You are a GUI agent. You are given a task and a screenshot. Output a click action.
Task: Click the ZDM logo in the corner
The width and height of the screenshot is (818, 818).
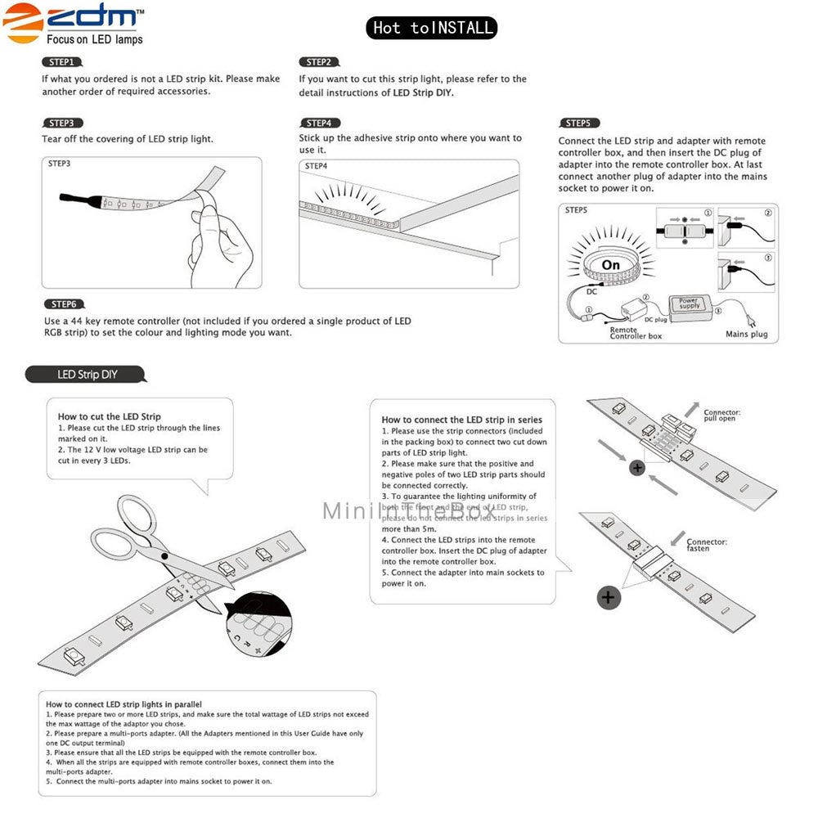pos(74,24)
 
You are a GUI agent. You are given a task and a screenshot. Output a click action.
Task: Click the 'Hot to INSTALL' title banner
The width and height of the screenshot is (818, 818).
pos(432,28)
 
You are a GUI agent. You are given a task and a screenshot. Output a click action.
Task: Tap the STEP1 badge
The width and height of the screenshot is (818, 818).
pos(61,62)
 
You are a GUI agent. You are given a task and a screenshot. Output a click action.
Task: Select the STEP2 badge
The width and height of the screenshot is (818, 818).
pos(318,62)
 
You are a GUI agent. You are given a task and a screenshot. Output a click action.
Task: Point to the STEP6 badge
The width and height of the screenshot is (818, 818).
pos(64,304)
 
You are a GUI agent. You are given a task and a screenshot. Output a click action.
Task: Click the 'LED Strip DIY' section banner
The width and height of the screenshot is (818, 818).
pos(87,375)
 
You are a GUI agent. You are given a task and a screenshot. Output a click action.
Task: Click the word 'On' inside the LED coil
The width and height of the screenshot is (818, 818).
pos(610,265)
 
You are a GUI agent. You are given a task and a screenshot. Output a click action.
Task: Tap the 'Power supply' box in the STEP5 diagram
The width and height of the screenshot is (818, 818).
pos(690,303)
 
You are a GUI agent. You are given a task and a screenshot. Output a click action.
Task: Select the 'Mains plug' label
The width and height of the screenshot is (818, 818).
pos(746,334)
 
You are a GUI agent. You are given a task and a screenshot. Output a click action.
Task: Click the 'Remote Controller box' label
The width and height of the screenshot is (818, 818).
pos(636,333)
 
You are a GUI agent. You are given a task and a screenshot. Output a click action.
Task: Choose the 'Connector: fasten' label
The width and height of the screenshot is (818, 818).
pos(707,545)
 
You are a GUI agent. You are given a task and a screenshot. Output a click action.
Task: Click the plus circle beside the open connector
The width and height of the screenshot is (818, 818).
pos(637,469)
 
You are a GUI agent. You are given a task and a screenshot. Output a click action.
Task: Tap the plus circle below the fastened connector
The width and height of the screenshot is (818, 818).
pos(608,597)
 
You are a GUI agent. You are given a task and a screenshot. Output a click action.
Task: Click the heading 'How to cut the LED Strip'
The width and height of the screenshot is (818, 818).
pos(109,416)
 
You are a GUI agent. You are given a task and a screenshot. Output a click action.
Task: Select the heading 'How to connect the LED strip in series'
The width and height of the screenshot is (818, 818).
pos(461,420)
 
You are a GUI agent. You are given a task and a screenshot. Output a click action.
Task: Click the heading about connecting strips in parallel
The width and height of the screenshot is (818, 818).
pos(124,703)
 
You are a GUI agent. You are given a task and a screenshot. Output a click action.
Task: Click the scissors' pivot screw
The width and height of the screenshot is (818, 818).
pos(165,555)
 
